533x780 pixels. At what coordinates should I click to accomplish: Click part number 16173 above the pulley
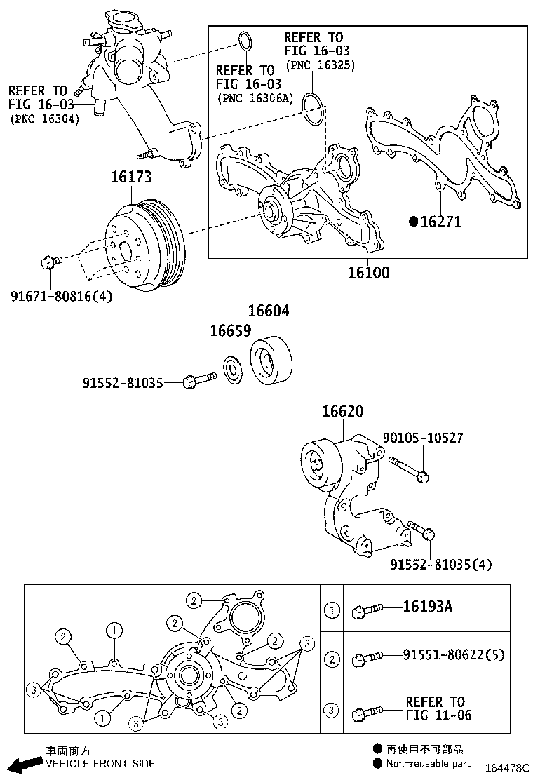[x=130, y=177]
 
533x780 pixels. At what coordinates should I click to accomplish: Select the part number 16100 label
[x=368, y=272]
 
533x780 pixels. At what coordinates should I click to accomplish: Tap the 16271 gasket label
[x=440, y=222]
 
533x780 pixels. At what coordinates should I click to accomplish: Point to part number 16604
[x=269, y=311]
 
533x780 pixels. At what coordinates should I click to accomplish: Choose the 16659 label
[x=230, y=330]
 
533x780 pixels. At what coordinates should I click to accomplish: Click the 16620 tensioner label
[x=343, y=412]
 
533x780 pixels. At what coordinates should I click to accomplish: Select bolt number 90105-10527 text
[x=422, y=438]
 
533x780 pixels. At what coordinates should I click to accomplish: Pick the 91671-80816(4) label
[x=61, y=296]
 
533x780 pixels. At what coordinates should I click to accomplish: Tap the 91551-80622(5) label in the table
[x=453, y=655]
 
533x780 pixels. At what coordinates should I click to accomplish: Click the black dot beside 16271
[x=414, y=222]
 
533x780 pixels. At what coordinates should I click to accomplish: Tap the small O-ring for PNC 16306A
[x=244, y=42]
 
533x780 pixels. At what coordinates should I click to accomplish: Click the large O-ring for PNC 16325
[x=313, y=109]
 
